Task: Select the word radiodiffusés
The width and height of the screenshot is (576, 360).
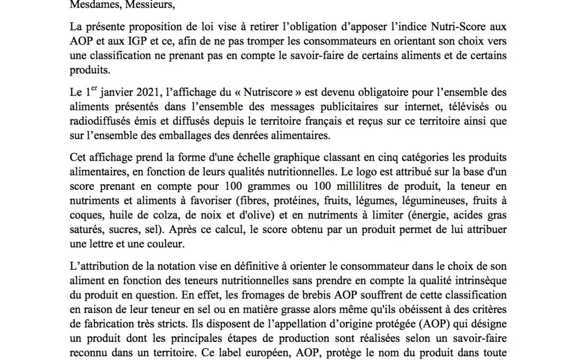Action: [x=99, y=121]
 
